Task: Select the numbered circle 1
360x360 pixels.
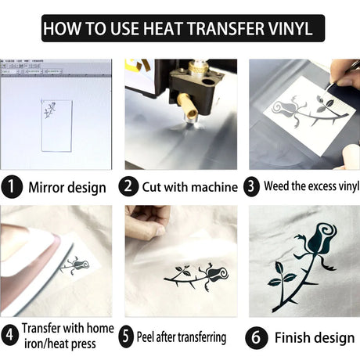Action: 12,187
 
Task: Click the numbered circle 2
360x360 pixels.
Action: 128,186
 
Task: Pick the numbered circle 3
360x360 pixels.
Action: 251,186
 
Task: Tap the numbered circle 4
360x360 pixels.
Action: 10,335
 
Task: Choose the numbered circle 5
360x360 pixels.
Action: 126,337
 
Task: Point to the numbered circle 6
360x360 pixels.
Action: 257,337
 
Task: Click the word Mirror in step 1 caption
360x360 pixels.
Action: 45,187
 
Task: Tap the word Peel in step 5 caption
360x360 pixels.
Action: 146,337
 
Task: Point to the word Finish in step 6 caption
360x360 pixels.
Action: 291,337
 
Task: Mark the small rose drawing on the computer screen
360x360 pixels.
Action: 50,110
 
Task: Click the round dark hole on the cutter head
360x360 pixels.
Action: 208,82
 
